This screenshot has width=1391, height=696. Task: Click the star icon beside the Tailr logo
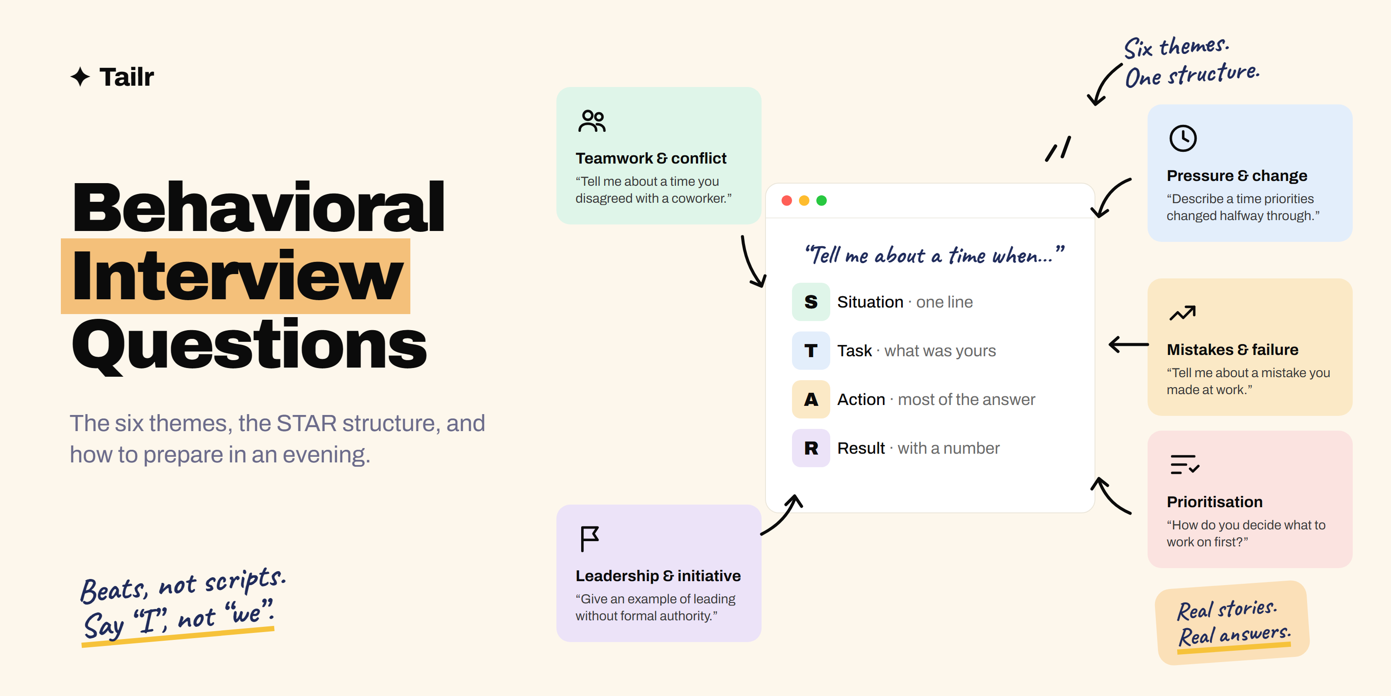point(80,77)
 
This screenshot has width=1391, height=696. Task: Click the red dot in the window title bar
point(787,201)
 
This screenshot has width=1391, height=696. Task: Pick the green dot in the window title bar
point(821,201)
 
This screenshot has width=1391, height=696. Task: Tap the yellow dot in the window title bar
point(804,201)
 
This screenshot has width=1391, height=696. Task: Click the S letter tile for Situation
point(811,301)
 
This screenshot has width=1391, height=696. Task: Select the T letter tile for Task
point(811,350)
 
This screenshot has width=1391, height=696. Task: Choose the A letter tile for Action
point(811,399)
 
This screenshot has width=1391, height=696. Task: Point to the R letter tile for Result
point(811,448)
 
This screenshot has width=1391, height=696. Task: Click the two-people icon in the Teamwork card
point(592,121)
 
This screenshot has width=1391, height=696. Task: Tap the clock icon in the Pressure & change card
point(1182,138)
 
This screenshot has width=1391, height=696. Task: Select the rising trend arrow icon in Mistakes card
point(1182,313)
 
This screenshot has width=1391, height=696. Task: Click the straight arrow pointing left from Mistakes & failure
point(1128,344)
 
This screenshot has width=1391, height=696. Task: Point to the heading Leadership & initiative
point(658,576)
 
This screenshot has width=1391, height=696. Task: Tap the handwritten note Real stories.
point(1227,609)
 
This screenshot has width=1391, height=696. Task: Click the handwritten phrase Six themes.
point(1177,47)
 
